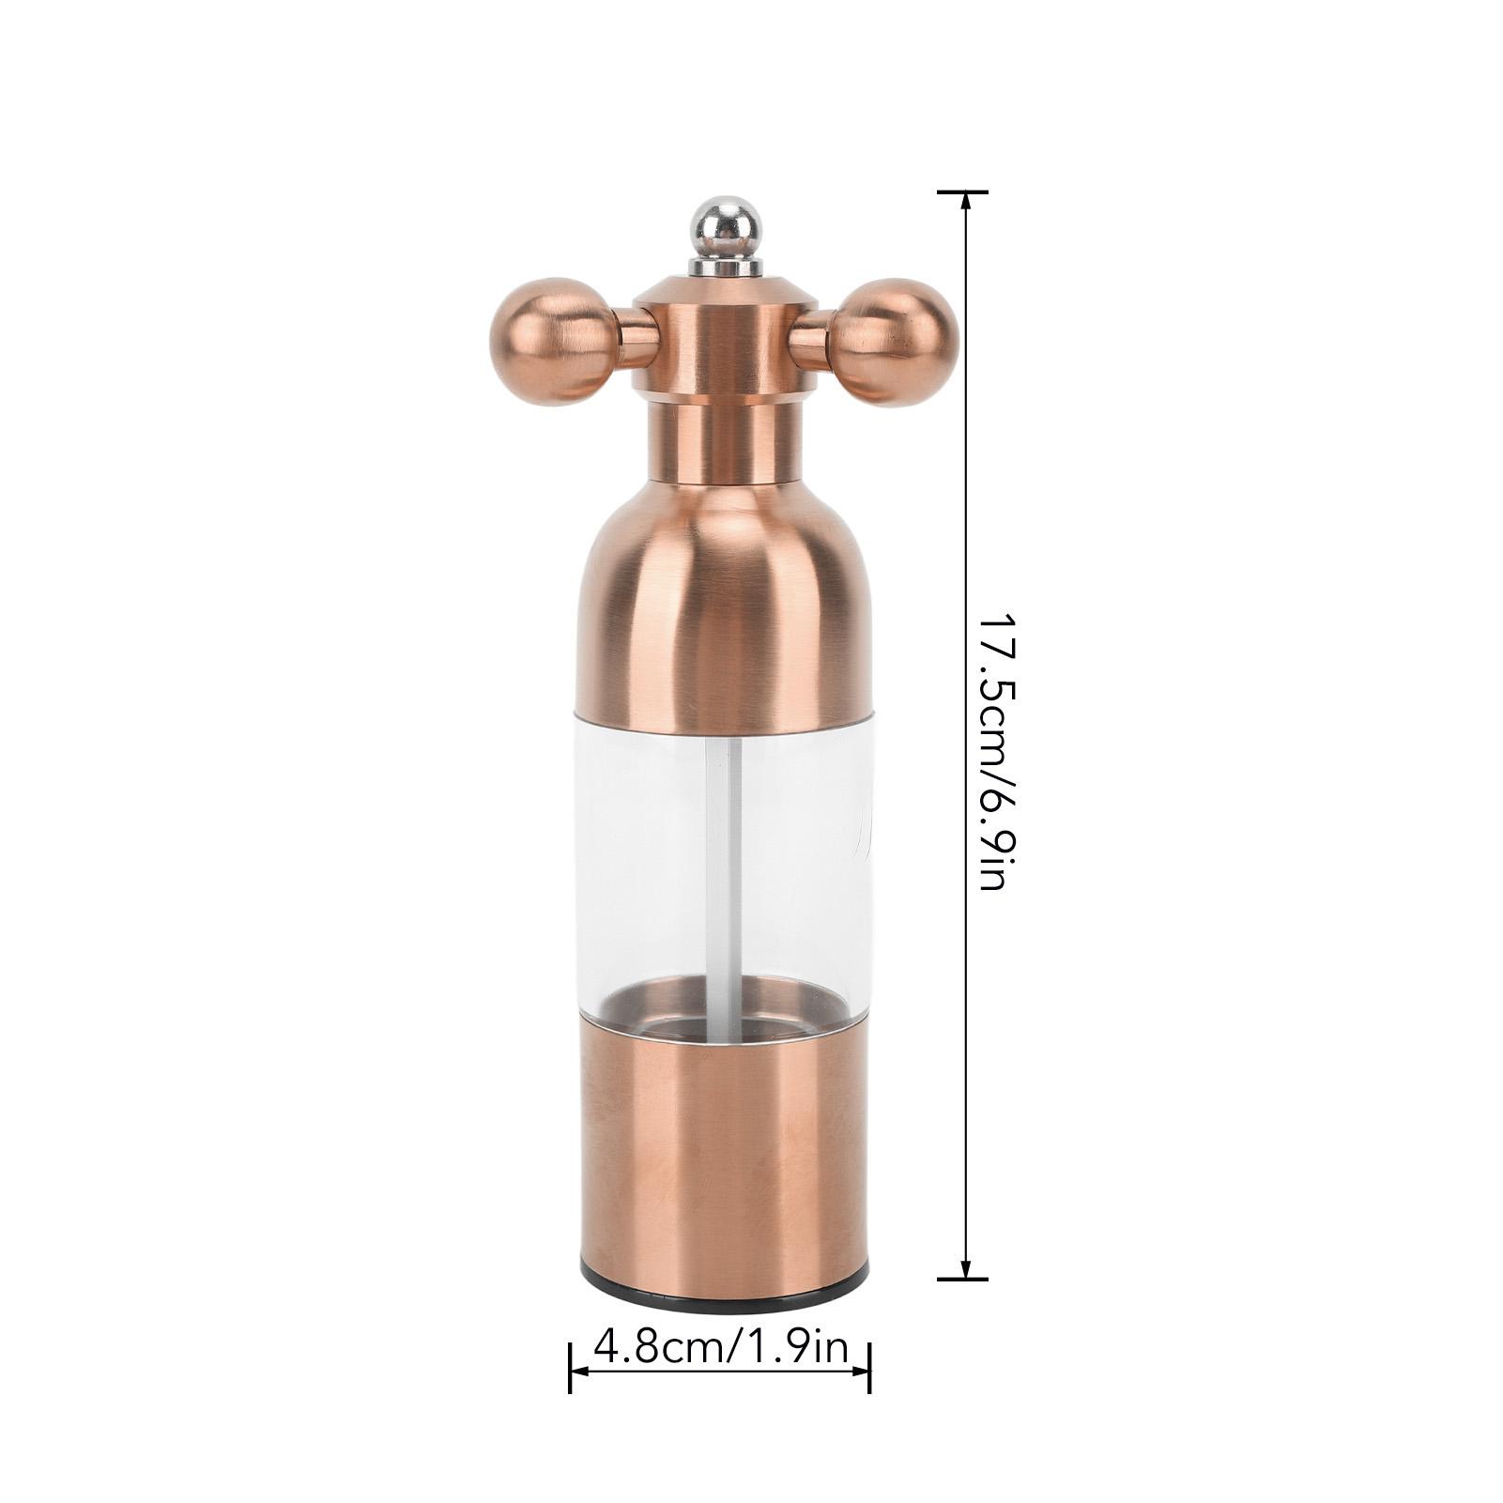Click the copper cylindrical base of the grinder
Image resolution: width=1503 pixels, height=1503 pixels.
click(724, 1164)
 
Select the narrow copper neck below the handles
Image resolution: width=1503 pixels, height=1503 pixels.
click(724, 441)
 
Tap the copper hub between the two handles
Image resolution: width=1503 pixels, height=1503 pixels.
click(724, 343)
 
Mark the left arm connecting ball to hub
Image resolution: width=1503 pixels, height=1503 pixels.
click(636, 337)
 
